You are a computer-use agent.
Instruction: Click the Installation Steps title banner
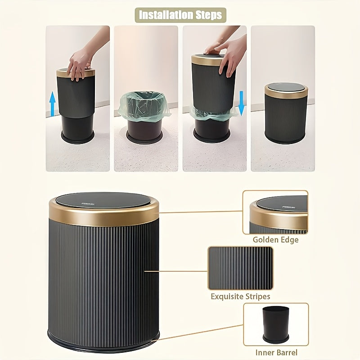tap(180, 15)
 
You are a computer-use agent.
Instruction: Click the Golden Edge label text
tap(275, 240)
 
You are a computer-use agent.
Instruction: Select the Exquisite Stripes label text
tap(240, 297)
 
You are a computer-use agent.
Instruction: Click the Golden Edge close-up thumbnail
tap(275, 212)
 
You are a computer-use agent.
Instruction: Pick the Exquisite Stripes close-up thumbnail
tap(240, 268)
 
